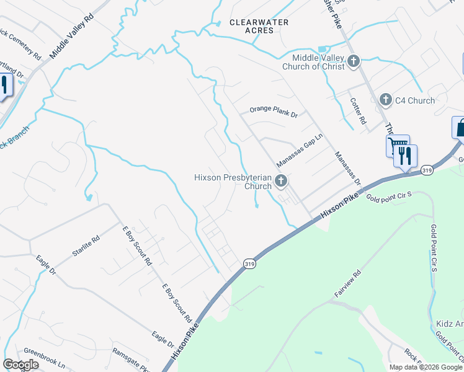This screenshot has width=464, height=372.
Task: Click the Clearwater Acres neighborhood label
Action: [259, 26]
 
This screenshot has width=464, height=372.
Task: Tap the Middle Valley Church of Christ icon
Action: [354, 61]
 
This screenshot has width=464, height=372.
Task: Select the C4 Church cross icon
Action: [385, 99]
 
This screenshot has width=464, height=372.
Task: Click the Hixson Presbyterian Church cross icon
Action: [281, 182]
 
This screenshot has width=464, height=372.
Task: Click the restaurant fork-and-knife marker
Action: [405, 156]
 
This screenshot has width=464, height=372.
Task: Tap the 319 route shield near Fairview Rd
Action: [248, 263]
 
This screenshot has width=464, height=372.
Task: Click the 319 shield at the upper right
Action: [426, 169]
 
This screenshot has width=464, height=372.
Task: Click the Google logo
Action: [20, 365]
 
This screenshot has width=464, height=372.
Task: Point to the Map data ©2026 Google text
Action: [425, 367]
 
